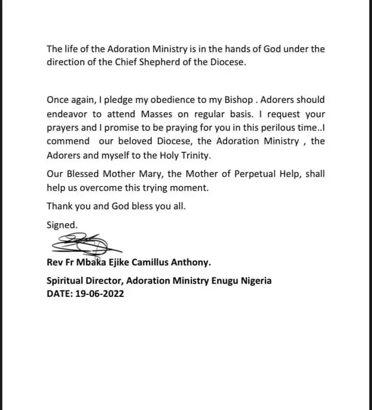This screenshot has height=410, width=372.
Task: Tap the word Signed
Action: [x=62, y=225]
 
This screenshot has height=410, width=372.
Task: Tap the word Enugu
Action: [x=218, y=281]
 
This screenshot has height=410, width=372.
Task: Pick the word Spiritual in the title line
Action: [x=66, y=281]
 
